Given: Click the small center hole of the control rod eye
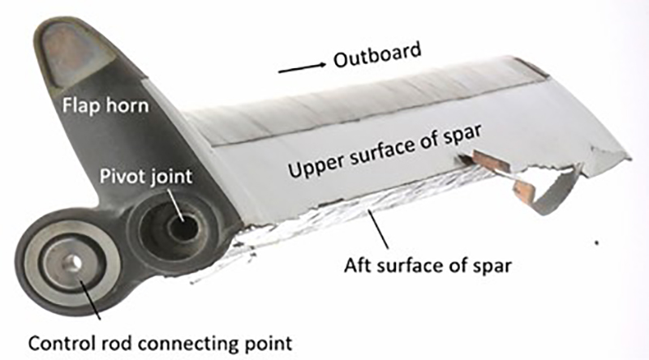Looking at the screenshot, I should point(71,261).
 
